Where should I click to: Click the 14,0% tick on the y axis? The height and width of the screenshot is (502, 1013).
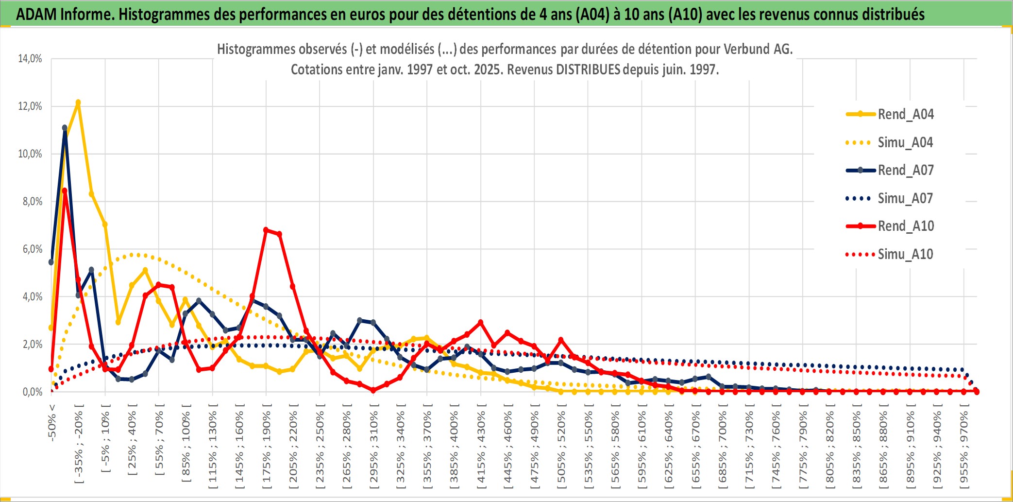(x=30, y=59)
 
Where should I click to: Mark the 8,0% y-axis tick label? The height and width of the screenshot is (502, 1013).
(x=32, y=202)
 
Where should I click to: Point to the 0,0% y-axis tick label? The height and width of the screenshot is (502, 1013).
(x=32, y=392)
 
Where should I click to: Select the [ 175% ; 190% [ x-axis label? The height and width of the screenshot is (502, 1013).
(x=266, y=447)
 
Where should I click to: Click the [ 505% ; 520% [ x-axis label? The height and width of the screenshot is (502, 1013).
(x=561, y=447)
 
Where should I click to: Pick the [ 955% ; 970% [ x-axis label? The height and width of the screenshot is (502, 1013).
(x=964, y=447)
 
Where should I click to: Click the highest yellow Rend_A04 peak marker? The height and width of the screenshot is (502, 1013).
(x=78, y=103)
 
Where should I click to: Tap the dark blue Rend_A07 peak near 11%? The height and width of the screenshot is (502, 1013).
(x=65, y=128)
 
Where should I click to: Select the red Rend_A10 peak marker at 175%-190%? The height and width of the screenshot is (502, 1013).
(x=266, y=230)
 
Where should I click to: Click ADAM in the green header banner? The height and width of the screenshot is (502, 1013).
(x=36, y=14)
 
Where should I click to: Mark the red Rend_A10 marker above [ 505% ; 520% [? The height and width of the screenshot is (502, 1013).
(x=561, y=340)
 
